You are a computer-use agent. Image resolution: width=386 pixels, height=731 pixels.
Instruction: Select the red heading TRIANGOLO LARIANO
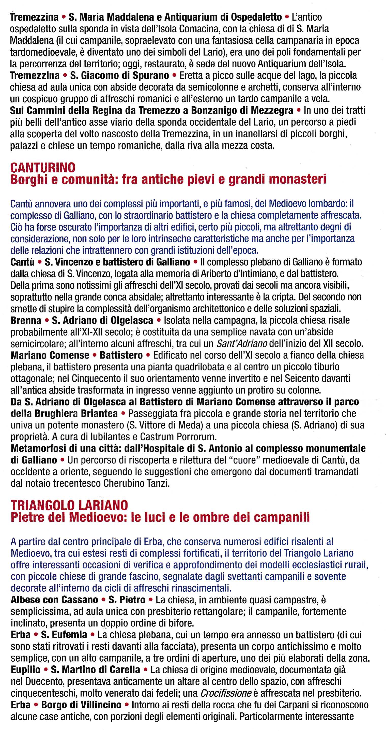coord(69,505)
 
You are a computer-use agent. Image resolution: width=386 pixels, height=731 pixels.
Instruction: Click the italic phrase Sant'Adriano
coord(242,344)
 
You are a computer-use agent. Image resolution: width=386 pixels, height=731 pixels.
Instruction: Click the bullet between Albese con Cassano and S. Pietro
coord(103,600)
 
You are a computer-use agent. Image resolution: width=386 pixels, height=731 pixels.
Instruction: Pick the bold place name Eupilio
coord(25,670)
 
